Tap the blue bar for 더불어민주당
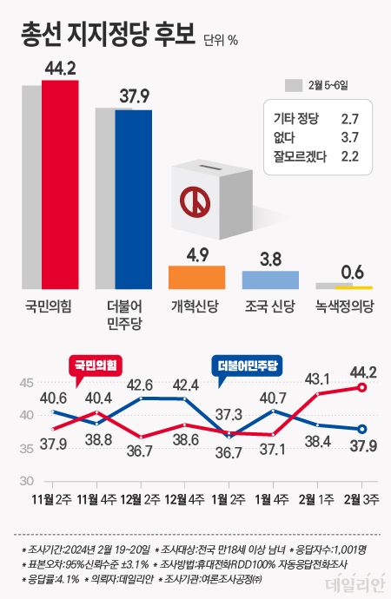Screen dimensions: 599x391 (x=133, y=199)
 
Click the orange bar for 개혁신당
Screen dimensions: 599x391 (x=196, y=277)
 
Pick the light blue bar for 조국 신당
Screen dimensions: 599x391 (x=270, y=279)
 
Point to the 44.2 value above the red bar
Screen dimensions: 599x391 (x=60, y=67)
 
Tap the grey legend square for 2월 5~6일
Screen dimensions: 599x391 (x=293, y=85)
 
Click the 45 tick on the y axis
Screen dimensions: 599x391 (x=26, y=383)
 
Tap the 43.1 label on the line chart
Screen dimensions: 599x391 (x=319, y=378)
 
